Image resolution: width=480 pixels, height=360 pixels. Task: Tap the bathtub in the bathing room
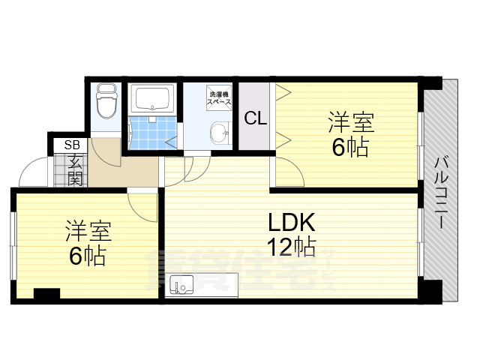pyautogui.click(x=151, y=98)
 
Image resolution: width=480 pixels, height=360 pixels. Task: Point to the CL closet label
pyautogui.click(x=254, y=118)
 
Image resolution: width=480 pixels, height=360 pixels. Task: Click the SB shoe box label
pyautogui.click(x=73, y=145)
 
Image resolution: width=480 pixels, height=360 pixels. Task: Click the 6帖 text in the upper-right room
pyautogui.click(x=349, y=147)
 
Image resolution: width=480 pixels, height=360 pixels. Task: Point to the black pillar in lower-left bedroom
pyautogui.click(x=46, y=294)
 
